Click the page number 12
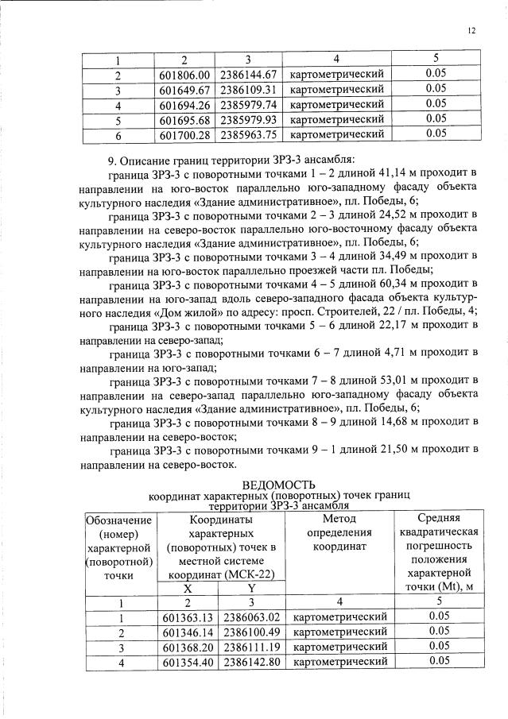pyautogui.click(x=471, y=30)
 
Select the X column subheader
pyautogui.click(x=187, y=588)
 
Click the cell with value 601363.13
pyautogui.click(x=188, y=617)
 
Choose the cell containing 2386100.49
pyautogui.click(x=251, y=632)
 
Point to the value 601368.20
pyautogui.click(x=188, y=647)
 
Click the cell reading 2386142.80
pyautogui.click(x=251, y=662)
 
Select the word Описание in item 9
pyautogui.click(x=148, y=157)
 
